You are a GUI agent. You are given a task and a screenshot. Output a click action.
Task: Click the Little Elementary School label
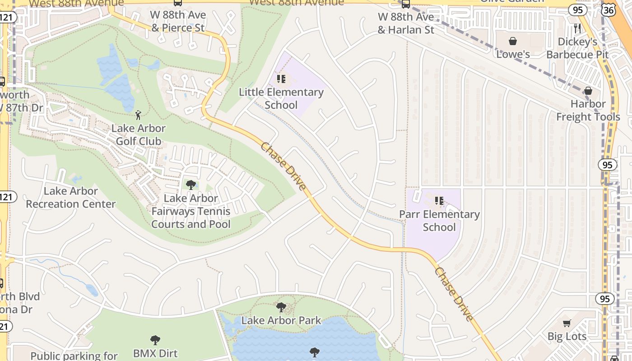[281, 98]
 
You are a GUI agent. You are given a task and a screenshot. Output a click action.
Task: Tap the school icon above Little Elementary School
[281, 79]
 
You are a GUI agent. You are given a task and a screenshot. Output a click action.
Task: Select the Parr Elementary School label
[439, 220]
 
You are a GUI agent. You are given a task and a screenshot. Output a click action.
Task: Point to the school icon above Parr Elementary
[439, 201]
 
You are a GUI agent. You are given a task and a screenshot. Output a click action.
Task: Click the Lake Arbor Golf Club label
[139, 134]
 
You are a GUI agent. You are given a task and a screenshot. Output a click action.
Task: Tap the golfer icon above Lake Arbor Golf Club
[138, 115]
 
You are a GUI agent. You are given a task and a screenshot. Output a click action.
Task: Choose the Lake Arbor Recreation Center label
[71, 197]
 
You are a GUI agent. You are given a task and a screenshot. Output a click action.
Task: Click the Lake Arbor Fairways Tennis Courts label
[191, 211]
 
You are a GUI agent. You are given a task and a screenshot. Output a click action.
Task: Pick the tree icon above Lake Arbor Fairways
[191, 185]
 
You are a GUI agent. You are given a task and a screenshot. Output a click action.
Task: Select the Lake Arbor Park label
[281, 320]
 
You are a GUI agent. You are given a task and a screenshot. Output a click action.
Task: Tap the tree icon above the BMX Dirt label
[155, 340]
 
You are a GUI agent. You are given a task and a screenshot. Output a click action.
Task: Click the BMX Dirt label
[155, 353]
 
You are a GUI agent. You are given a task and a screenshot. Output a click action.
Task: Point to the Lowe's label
[513, 54]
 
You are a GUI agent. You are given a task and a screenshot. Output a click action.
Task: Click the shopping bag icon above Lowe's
[513, 42]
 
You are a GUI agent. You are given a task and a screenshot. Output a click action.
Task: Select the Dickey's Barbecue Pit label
[577, 48]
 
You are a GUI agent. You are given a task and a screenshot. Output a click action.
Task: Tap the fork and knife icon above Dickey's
[577, 28]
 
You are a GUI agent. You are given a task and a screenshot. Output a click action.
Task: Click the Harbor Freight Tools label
[588, 110]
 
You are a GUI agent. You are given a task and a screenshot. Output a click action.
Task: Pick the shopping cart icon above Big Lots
[567, 323]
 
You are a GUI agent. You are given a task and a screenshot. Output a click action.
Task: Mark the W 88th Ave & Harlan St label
[406, 23]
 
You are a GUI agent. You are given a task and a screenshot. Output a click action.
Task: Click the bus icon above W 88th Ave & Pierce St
[178, 3]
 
